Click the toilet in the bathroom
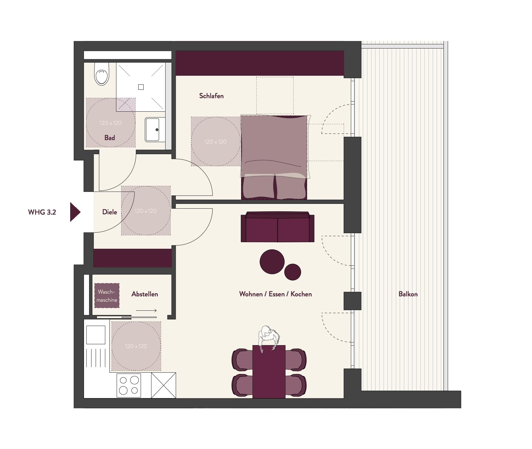(101, 74)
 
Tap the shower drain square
(141, 87)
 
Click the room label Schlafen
(211, 96)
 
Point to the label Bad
(110, 138)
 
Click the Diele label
(109, 212)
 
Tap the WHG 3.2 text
(42, 212)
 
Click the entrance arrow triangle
(75, 212)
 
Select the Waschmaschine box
(107, 295)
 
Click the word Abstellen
(145, 294)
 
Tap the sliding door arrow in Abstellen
(146, 310)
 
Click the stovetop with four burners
(129, 385)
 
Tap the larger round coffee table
(272, 262)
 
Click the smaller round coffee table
(293, 272)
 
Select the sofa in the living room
(278, 227)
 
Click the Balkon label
(408, 294)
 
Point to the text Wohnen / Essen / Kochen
(276, 294)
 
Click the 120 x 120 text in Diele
(146, 211)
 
